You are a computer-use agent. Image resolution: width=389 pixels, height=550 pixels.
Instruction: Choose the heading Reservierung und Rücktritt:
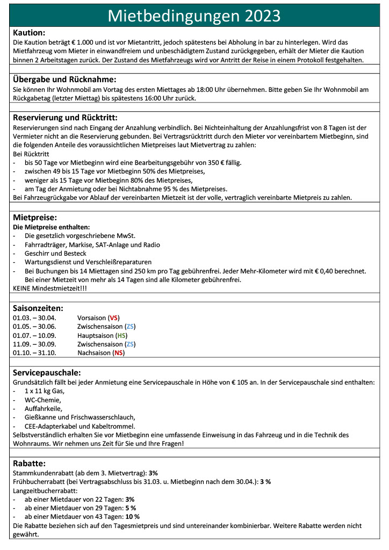(65, 117)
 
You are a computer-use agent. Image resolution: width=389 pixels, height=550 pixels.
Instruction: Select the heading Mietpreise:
(34, 218)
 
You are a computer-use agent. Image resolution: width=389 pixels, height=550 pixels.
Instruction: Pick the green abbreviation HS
(122, 335)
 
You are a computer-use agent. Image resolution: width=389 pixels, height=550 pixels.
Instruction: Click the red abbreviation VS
(114, 317)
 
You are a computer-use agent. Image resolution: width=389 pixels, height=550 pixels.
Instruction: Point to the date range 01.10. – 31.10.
(34, 353)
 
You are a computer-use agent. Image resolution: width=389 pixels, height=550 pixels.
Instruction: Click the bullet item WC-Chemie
(43, 400)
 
